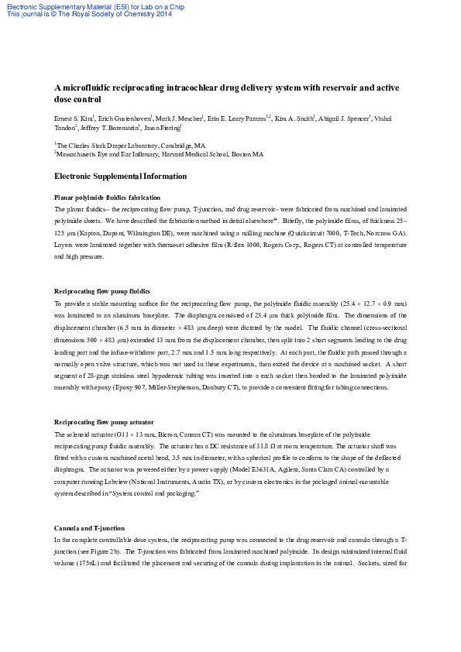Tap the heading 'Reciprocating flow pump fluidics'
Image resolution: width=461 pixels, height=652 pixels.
(x=102, y=290)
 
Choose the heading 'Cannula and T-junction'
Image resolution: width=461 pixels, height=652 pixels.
(x=89, y=506)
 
